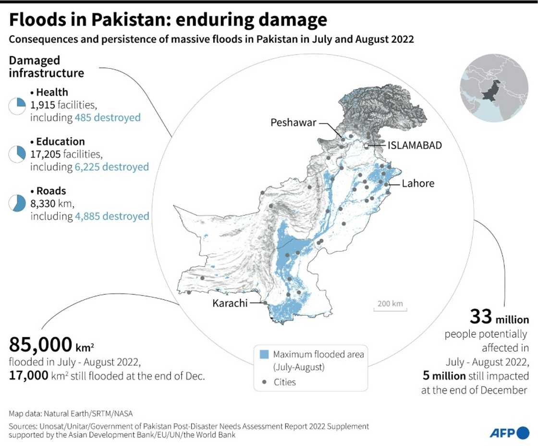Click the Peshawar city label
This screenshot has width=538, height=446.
[293, 123]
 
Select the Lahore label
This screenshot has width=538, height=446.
[418, 183]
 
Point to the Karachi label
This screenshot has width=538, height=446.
[230, 303]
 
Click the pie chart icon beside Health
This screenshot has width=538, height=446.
[17, 106]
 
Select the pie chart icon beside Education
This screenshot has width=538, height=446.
[17, 154]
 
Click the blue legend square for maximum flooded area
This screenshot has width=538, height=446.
[264, 355]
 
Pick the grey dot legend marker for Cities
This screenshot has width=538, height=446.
[264, 382]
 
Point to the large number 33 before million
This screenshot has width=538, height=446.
[480, 317]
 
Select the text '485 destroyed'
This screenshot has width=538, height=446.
[108, 117]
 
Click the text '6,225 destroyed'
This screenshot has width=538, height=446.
[111, 167]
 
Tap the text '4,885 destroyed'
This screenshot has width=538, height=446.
[111, 216]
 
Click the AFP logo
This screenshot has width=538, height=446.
[509, 433]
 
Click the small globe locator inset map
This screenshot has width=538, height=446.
[494, 88]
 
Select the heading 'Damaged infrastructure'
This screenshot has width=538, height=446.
[47, 67]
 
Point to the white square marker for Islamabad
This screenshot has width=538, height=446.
[366, 146]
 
